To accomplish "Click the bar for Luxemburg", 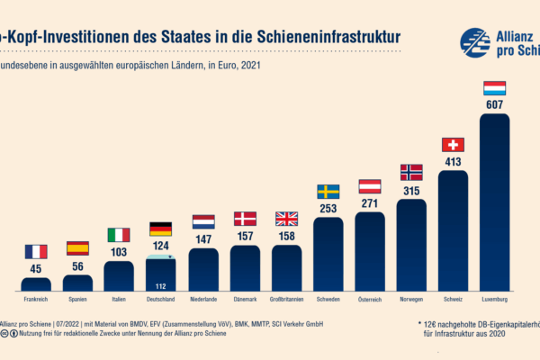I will click(x=494, y=202).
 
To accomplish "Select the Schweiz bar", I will click(x=453, y=229).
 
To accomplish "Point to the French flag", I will click(x=36, y=252).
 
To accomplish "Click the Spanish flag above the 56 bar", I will click(x=77, y=248).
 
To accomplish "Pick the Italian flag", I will click(x=119, y=234).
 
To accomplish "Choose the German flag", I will click(x=160, y=228).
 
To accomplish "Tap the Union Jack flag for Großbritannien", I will click(x=286, y=219).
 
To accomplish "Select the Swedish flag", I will click(x=328, y=191).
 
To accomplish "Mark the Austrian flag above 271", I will click(x=369, y=185).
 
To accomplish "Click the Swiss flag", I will click(x=453, y=144).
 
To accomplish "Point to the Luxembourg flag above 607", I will click(x=494, y=87).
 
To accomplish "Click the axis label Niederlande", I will click(x=202, y=299).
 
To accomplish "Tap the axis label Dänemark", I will click(x=244, y=299).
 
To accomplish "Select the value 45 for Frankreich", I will click(x=36, y=268).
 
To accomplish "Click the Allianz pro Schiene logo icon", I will click(x=475, y=42).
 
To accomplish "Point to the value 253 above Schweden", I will click(x=328, y=207).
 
